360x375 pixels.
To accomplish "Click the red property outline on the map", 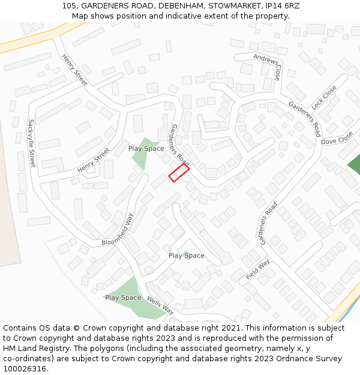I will point(179,173).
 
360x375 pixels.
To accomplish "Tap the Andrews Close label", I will point(268,66).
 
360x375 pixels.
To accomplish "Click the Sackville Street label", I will point(32,143).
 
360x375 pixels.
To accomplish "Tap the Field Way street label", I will point(257,270).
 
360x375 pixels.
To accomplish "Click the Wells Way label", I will point(160,305).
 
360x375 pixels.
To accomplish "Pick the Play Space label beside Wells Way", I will point(123,298).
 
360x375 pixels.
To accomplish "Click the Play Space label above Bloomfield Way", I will point(146,148).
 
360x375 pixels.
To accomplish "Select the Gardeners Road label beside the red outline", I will point(180,145).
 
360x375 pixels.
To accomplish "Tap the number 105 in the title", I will point(70,6).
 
